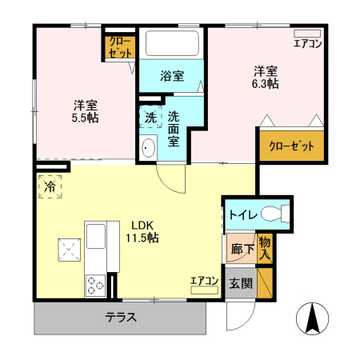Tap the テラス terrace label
click(121, 318)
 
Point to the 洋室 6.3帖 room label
click(266, 76)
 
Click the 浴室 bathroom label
click(172, 77)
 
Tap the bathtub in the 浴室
click(172, 43)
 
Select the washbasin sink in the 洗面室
click(148, 148)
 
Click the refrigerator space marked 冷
click(50, 187)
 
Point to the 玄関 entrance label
click(240, 284)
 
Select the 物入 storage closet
click(265, 247)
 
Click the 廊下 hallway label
click(241, 249)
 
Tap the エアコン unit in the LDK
click(205, 284)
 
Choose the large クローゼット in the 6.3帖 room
click(291, 146)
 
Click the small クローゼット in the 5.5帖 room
click(122, 46)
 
